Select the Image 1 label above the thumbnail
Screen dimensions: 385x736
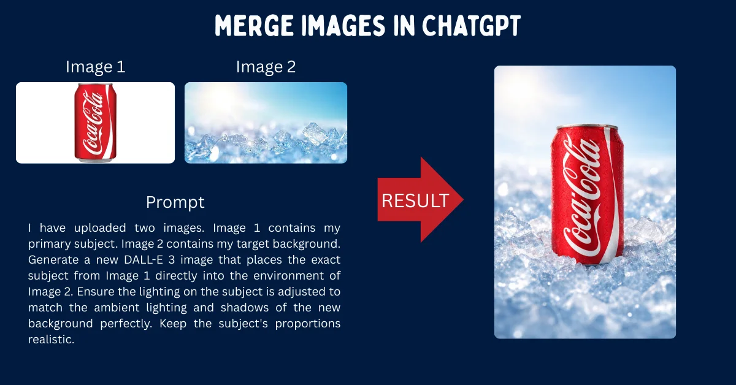[x=96, y=67]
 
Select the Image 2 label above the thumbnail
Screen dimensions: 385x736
[x=266, y=67]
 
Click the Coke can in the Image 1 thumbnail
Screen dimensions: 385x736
[x=95, y=123]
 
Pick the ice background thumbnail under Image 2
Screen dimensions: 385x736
[x=266, y=123]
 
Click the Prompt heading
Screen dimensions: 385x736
[x=175, y=202]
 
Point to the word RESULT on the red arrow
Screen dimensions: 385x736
[x=415, y=200]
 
